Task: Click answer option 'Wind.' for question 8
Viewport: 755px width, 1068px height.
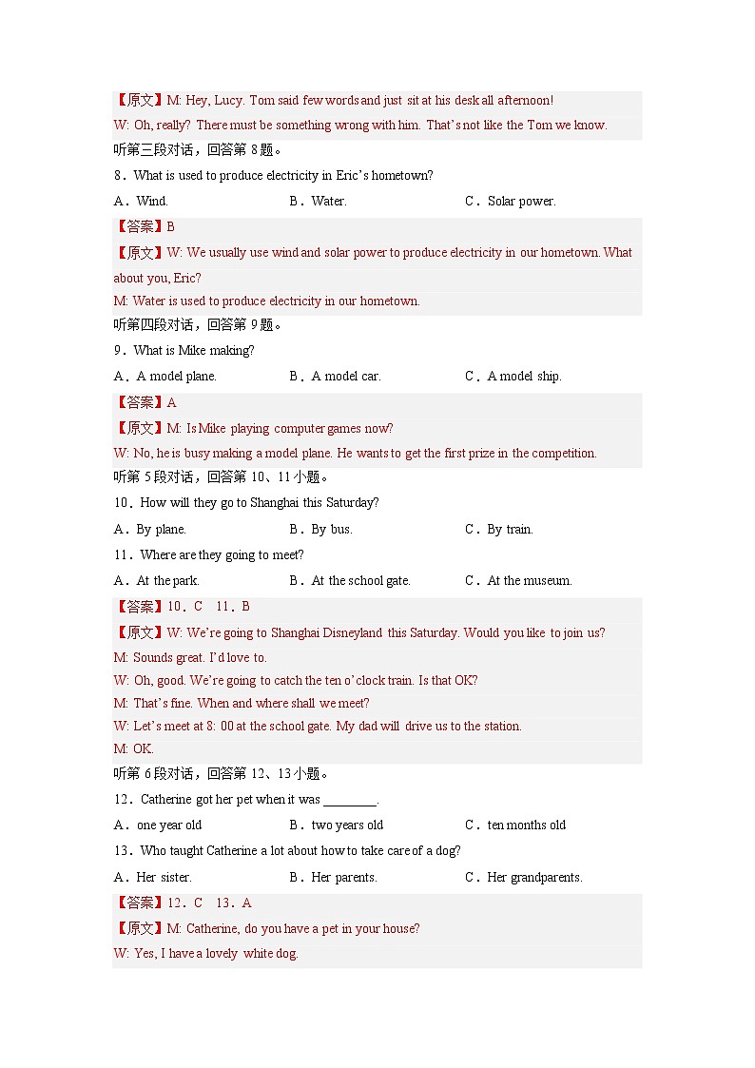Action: [152, 201]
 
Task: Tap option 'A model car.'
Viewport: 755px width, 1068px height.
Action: [346, 376]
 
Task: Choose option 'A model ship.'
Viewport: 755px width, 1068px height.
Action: [524, 376]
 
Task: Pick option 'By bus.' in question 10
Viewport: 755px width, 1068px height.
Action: [332, 529]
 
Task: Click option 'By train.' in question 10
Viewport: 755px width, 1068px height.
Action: [510, 529]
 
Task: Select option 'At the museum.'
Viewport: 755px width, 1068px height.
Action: [530, 580]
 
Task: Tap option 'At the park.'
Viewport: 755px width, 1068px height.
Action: [167, 580]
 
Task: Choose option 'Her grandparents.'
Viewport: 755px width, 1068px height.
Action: [534, 877]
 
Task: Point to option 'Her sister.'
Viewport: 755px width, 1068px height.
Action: [164, 877]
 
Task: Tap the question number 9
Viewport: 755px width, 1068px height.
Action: [118, 350]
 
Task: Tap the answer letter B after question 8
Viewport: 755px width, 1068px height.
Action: [171, 226]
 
